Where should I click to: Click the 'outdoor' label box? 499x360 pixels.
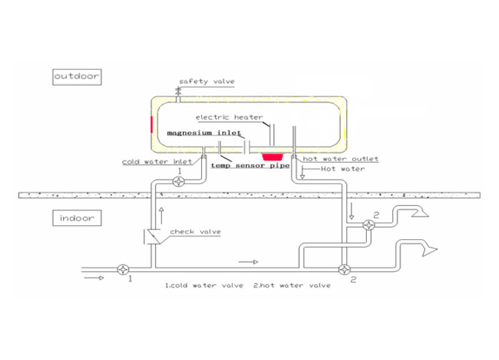(x=76, y=76)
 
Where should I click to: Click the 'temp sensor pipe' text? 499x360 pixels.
(x=249, y=164)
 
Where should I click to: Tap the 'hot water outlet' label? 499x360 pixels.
(x=341, y=159)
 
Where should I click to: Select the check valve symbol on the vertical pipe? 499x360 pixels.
(x=155, y=237)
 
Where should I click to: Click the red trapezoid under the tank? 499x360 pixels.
(x=272, y=156)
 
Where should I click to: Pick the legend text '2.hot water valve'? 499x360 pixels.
(x=292, y=285)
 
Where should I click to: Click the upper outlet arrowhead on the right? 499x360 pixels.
(x=425, y=214)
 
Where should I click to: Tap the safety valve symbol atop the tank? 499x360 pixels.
(x=180, y=93)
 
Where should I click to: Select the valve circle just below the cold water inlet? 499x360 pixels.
(x=178, y=181)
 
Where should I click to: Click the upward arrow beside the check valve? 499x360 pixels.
(x=161, y=214)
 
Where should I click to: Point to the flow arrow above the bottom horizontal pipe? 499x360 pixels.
(x=247, y=261)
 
